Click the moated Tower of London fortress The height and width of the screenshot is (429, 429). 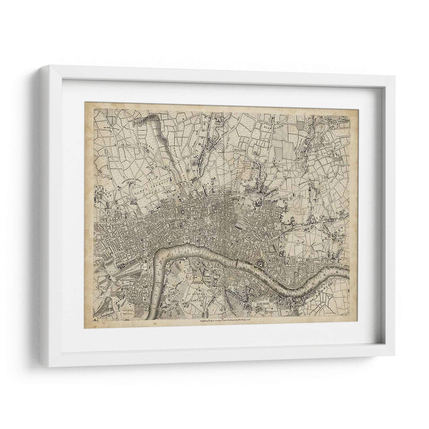tap(261, 263)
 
